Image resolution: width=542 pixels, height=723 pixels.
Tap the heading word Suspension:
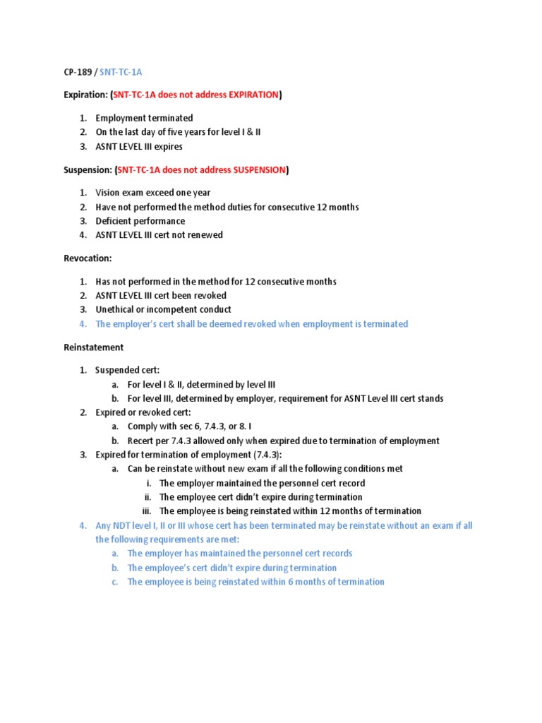[x=87, y=169]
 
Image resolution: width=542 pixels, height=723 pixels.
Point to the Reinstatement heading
[x=93, y=347]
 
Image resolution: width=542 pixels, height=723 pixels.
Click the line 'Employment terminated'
[x=144, y=118]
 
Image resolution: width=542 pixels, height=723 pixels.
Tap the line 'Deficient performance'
[x=140, y=221]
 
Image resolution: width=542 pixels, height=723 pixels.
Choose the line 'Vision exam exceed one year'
[x=153, y=193]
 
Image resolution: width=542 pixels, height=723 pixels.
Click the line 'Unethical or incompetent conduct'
[x=163, y=309]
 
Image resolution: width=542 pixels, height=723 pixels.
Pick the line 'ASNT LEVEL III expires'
[x=139, y=146]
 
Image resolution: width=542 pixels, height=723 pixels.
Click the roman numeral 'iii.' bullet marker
[x=146, y=510]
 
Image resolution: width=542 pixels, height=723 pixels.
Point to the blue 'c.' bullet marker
[x=114, y=582]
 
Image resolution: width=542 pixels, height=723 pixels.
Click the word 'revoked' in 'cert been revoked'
[x=210, y=295]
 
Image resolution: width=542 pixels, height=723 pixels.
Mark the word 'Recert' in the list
[x=140, y=441]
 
